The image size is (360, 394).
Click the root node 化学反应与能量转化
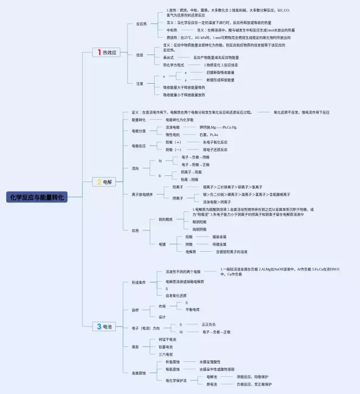[x=37, y=197]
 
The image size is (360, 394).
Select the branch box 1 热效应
[x=107, y=52]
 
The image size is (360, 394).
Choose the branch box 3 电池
[x=105, y=327]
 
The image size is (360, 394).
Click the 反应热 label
[x=142, y=24]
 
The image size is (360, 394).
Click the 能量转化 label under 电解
[x=138, y=120]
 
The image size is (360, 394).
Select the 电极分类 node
[x=138, y=131]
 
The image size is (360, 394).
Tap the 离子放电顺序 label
[x=142, y=194]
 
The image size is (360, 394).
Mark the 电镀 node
[x=162, y=244]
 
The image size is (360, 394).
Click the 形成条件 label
[x=138, y=283]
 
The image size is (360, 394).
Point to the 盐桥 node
[x=135, y=310]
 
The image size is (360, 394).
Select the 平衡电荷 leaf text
[x=193, y=310]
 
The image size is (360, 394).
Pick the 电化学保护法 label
[x=177, y=381]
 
